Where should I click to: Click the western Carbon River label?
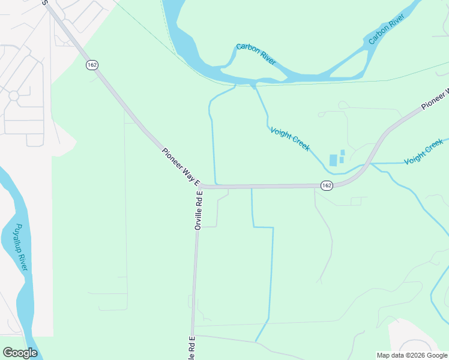(x=256, y=54)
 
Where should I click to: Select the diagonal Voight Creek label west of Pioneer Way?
(x=289, y=139)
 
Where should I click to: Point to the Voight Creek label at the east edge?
(x=423, y=152)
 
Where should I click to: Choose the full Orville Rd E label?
(x=199, y=210)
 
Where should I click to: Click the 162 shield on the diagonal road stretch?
(x=92, y=64)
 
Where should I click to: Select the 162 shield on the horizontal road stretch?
(x=326, y=185)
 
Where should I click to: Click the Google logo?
(x=20, y=353)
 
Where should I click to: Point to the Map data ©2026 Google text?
(x=411, y=355)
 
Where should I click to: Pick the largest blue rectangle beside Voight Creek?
(x=333, y=160)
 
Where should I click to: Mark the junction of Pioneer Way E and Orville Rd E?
(x=200, y=186)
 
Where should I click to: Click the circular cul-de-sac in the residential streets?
(x=13, y=95)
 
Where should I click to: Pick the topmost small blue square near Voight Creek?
(x=342, y=152)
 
